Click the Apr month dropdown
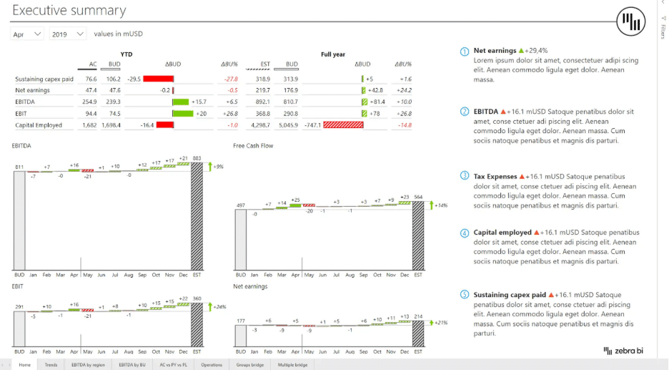28,34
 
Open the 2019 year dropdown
68,34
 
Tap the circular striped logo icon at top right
631,22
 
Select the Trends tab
51,365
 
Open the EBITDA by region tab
88,365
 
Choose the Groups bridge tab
250,365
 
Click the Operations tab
211,365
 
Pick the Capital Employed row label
39,125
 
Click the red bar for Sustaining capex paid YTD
159,79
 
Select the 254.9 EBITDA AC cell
89,102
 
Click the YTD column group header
126,54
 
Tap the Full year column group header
333,54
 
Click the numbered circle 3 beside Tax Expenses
465,176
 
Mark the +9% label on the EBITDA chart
219,166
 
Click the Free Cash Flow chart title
253,146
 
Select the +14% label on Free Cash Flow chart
441,205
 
